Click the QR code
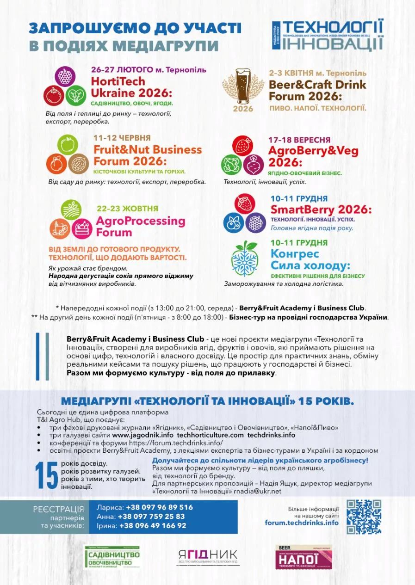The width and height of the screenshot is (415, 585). (364, 517)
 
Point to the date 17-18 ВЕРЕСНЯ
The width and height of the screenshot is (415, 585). (299, 140)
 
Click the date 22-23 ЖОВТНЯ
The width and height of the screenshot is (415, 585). (127, 209)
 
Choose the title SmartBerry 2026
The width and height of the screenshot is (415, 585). (321, 209)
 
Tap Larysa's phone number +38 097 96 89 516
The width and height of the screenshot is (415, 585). (155, 507)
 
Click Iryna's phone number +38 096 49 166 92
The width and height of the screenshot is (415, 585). (153, 526)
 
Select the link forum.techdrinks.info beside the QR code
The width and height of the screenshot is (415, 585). (302, 523)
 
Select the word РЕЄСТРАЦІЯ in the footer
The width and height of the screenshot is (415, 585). (58, 509)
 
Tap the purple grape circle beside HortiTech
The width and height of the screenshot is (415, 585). (65, 76)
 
